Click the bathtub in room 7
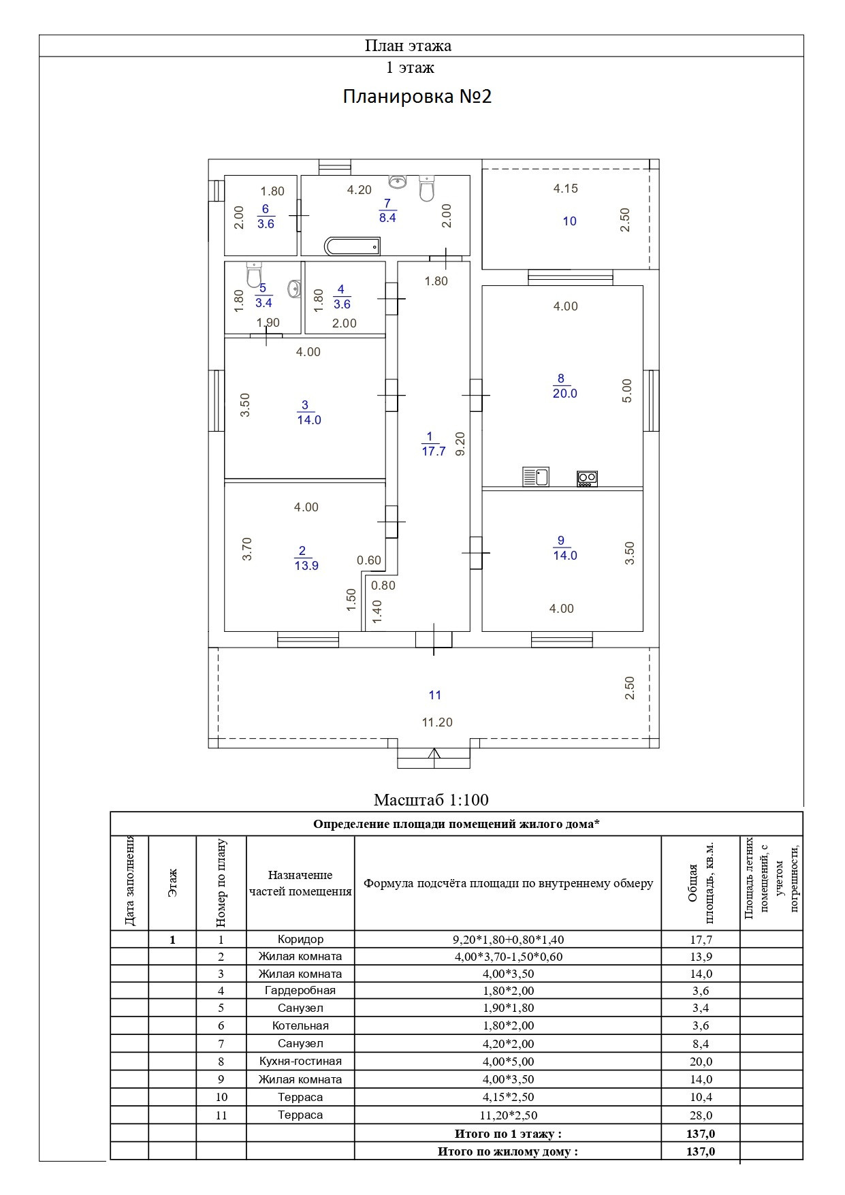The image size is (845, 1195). click(352, 246)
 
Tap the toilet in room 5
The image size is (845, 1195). click(254, 275)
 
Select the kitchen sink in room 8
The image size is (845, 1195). click(536, 476)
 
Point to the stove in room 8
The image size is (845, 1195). click(587, 478)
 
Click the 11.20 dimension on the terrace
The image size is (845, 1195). click(437, 722)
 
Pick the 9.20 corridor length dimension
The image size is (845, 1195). click(460, 444)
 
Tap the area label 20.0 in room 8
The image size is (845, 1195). click(565, 394)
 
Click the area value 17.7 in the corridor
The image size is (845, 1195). click(434, 451)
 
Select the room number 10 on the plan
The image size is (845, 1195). click(570, 221)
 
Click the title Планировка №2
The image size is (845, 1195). click(417, 96)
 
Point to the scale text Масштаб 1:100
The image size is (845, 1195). click(431, 799)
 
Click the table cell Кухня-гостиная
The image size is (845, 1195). click(300, 1062)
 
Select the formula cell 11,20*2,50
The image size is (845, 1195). click(508, 1115)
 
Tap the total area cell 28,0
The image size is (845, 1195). click(701, 1115)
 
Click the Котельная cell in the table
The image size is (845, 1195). click(300, 1026)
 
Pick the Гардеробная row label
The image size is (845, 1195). click(300, 991)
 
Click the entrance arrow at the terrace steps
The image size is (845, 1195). click(434, 753)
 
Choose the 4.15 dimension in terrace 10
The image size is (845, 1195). click(566, 189)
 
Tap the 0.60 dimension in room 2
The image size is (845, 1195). click(369, 560)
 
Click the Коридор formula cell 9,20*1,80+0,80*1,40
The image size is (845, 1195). click(508, 940)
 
